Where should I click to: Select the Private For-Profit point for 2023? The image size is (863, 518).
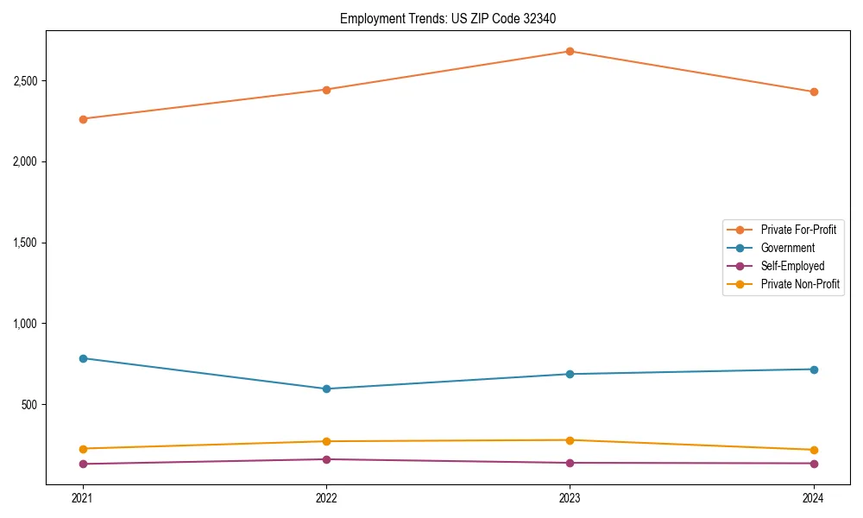coord(570,51)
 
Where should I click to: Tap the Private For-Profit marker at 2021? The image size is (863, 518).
coord(83,119)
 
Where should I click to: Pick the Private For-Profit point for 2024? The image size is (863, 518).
coord(813,92)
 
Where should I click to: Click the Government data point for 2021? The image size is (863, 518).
coord(83,358)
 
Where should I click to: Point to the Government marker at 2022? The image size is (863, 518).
coord(326,388)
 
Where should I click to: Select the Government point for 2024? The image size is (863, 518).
coord(813,370)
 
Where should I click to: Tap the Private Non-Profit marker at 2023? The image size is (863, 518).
coord(570,440)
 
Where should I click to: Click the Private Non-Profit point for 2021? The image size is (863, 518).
coord(83,449)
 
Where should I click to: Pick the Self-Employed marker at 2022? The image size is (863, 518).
coord(326,459)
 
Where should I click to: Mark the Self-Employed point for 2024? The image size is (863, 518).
coord(813,464)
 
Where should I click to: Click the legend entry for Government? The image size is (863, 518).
coord(787,248)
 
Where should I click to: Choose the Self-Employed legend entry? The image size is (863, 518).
coord(792,266)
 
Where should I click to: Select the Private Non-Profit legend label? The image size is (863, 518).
coord(800,284)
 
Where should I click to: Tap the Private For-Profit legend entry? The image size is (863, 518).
coord(798,230)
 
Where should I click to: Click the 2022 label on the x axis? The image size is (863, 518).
coord(326,498)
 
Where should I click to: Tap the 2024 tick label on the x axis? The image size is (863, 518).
coord(813,498)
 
